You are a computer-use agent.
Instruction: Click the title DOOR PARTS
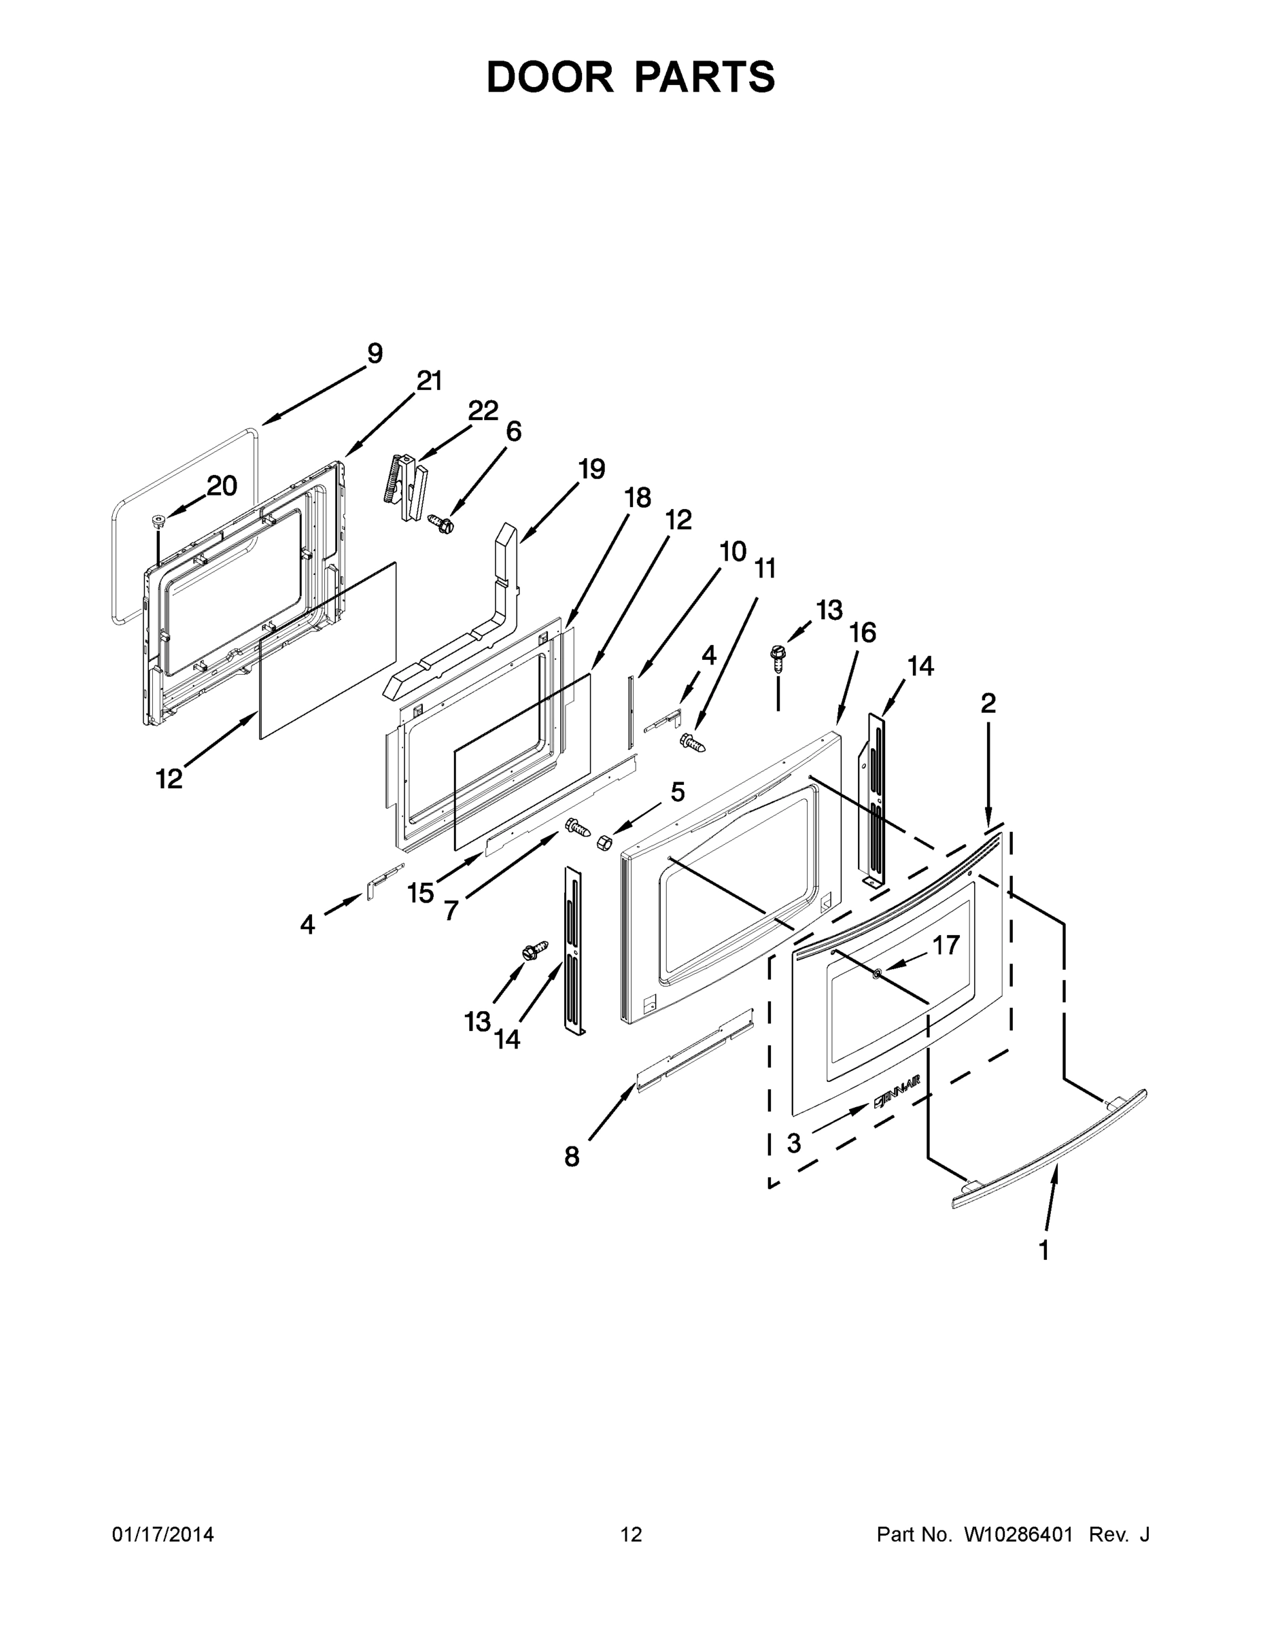click(x=631, y=77)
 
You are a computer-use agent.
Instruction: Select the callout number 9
click(x=375, y=353)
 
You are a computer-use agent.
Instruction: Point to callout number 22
click(x=483, y=410)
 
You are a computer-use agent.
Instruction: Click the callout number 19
click(x=591, y=469)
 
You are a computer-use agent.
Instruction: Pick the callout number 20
click(x=222, y=486)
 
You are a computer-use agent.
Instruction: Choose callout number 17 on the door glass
click(x=946, y=945)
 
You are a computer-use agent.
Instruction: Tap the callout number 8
click(x=572, y=1157)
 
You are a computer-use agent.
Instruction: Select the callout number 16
click(x=862, y=633)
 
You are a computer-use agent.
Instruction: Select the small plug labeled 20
click(x=158, y=519)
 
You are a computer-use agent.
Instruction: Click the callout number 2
click(x=988, y=703)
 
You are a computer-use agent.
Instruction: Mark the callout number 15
click(x=421, y=892)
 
